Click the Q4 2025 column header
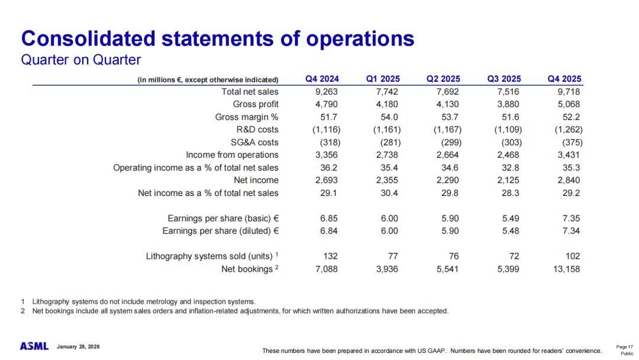[564, 79]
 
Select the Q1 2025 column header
[383, 79]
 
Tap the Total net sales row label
[250, 92]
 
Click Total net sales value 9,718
[568, 92]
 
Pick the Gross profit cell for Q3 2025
[507, 104]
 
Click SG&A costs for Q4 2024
[329, 142]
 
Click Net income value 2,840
[568, 180]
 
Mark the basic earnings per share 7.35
[571, 218]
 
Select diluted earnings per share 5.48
[510, 231]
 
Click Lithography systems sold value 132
[330, 256]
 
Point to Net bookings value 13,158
[565, 269]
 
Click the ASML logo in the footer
[34, 346]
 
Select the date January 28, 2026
[79, 346]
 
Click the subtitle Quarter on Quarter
[81, 60]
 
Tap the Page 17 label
[625, 347]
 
